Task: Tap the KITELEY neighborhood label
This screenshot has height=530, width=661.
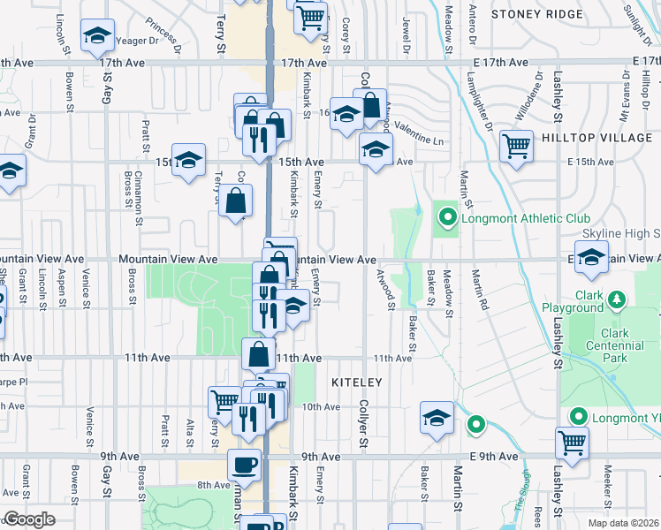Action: (356, 382)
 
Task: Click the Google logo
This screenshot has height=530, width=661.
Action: (29, 519)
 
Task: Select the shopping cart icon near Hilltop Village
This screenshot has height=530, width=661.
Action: (516, 145)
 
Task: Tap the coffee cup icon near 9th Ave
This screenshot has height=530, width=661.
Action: (244, 464)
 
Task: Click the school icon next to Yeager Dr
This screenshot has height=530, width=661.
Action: (96, 35)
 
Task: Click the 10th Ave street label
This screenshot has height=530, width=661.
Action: (321, 407)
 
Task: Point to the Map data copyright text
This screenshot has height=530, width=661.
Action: (627, 522)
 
